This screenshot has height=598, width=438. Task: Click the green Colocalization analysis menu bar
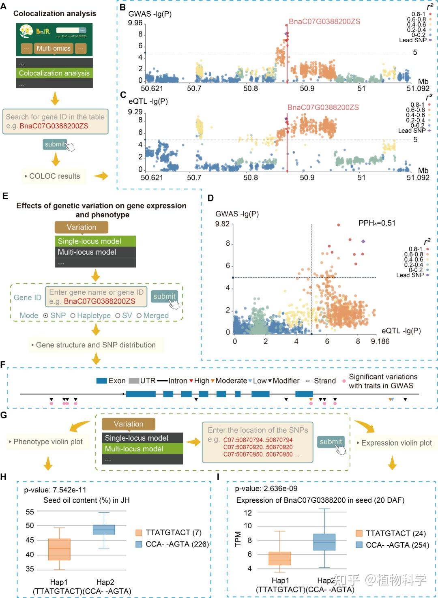pos(54,73)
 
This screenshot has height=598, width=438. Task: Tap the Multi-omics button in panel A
pos(54,48)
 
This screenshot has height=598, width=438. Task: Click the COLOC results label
pos(54,176)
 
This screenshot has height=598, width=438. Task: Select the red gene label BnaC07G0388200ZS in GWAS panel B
pos(324,21)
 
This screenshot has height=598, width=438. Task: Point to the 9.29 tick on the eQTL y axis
pos(135,112)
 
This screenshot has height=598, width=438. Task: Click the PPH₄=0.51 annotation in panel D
pos(377,223)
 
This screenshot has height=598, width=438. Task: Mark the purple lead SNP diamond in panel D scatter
pos(363,241)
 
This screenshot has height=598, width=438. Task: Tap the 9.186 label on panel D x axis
pos(380,341)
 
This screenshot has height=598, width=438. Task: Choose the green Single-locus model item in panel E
pos(95,241)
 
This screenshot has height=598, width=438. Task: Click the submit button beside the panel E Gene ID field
pos(164,296)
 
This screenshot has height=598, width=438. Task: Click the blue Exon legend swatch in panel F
pos(101,381)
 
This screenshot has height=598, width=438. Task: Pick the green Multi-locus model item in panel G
pos(142,449)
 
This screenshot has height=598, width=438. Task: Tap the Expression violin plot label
pos(396,443)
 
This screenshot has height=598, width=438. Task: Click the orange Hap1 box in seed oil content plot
pos(59,549)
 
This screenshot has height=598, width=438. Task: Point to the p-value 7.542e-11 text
pos(55,490)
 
